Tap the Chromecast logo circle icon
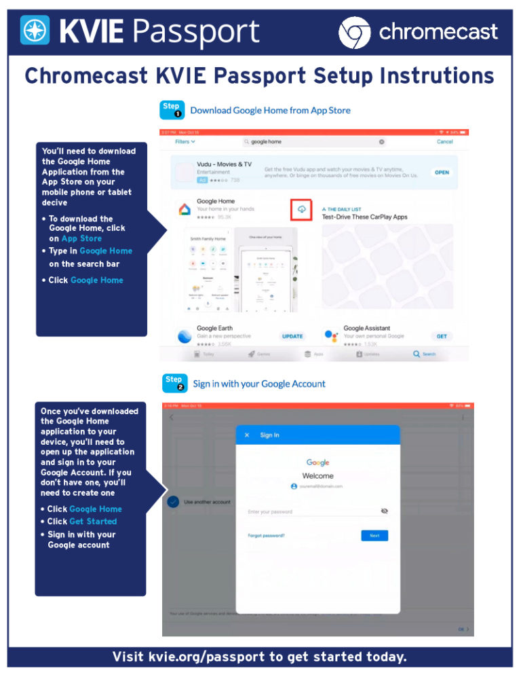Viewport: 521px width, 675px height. coord(354,32)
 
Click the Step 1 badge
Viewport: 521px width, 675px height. coord(172,109)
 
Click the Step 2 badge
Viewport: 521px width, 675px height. coord(174,383)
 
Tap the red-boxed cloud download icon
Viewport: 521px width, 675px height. coord(302,210)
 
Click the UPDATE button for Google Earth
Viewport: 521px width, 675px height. coord(292,336)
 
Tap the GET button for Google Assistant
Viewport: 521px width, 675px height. coord(442,336)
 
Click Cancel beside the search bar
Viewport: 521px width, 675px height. coord(444,142)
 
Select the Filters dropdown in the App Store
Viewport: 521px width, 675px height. coord(185,142)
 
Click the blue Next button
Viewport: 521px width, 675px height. coord(374,535)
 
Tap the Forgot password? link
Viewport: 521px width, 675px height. coord(266,535)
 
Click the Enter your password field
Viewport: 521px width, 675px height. coord(309,511)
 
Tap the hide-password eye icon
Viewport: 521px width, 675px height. coord(384,511)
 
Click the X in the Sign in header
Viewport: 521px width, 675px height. coord(247,435)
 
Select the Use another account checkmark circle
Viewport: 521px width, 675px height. coord(173,502)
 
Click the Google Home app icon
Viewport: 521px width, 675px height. coord(184,208)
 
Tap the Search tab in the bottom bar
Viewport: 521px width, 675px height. coord(425,354)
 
